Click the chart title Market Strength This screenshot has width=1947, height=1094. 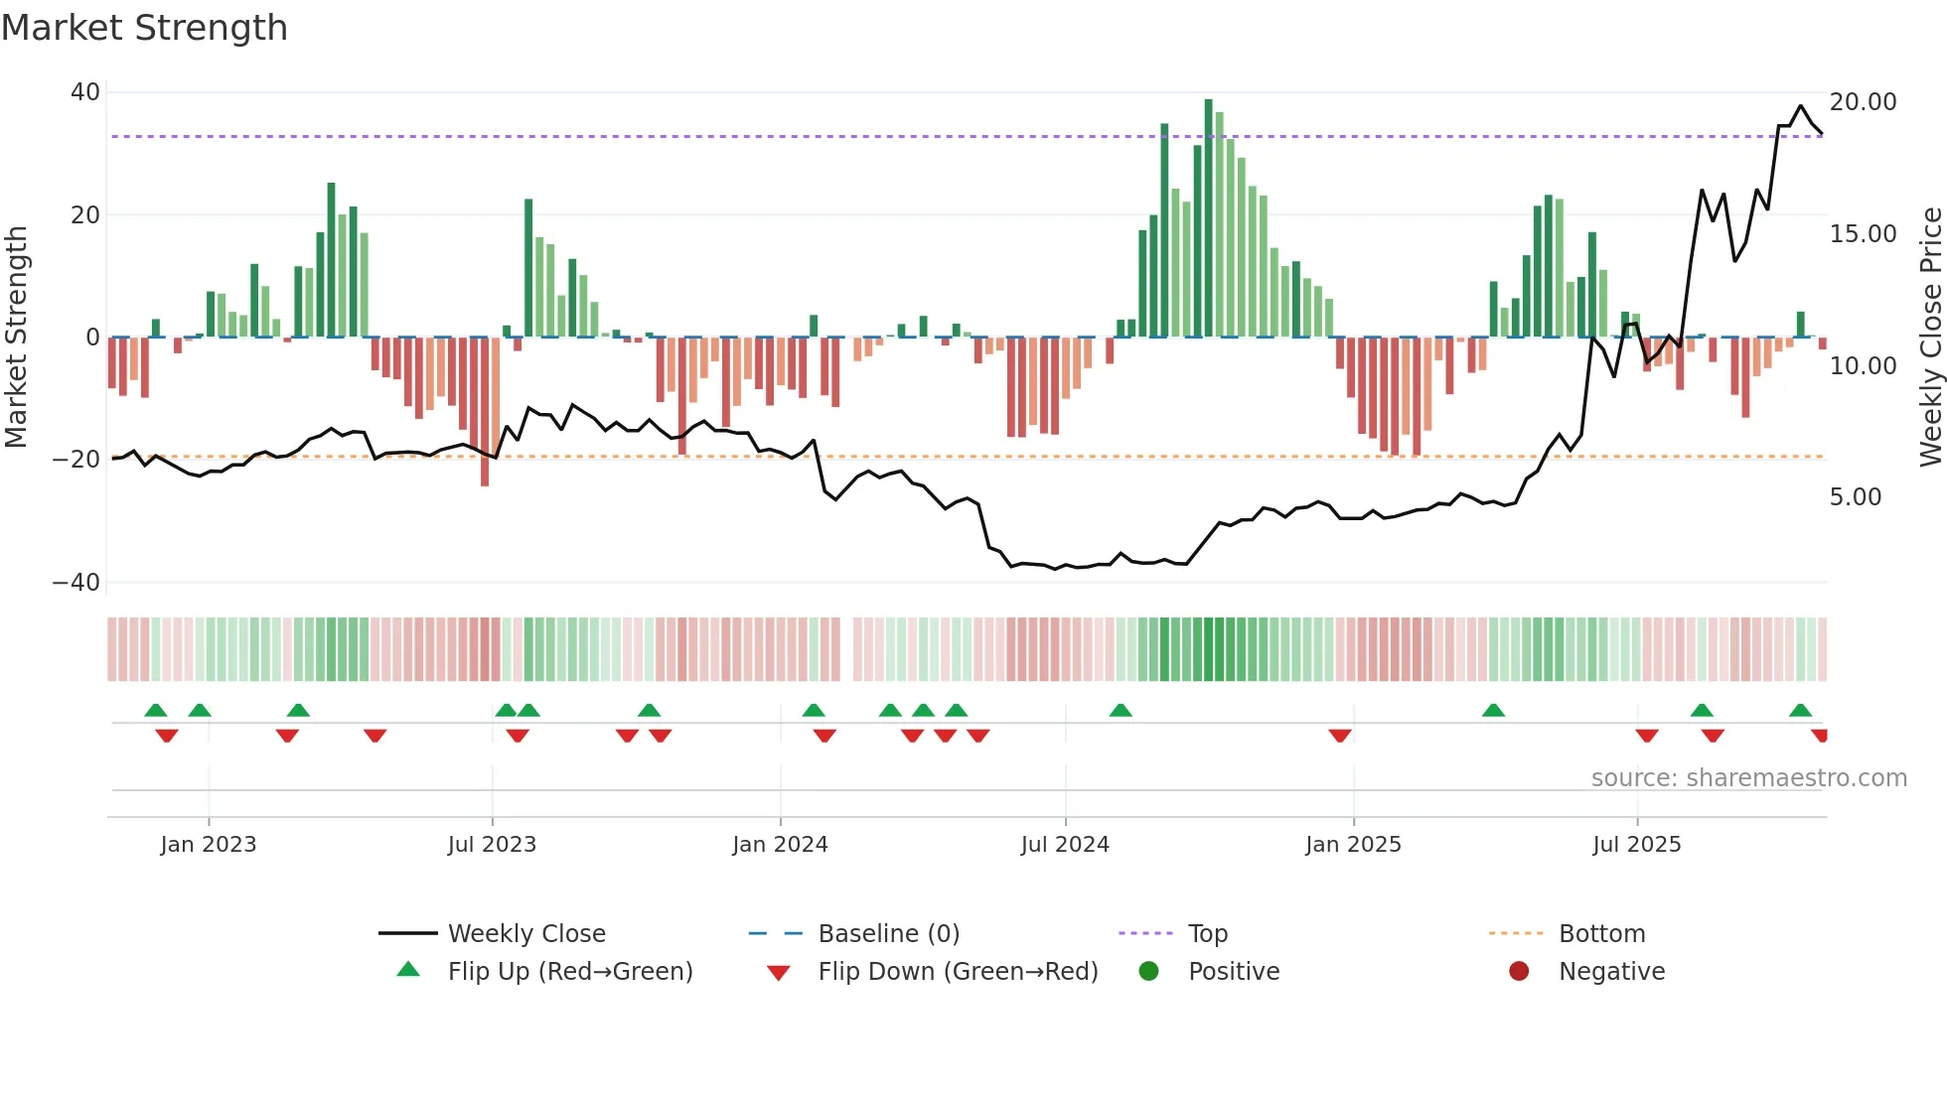pos(144,28)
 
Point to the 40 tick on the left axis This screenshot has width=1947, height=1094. pos(85,92)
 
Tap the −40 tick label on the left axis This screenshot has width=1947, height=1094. pos(76,583)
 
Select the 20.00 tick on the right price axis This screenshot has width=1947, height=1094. pos(1863,102)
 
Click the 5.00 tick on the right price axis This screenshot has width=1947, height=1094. pos(1855,497)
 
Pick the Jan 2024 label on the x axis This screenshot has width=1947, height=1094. pos(780,845)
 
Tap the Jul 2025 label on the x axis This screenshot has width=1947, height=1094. pos(1636,845)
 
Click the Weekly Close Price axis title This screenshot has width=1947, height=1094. pos(1930,337)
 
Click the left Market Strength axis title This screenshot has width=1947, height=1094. pos(16,337)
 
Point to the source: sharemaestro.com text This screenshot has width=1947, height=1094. pos(1748,778)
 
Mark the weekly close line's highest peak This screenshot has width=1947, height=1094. pos(1800,106)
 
